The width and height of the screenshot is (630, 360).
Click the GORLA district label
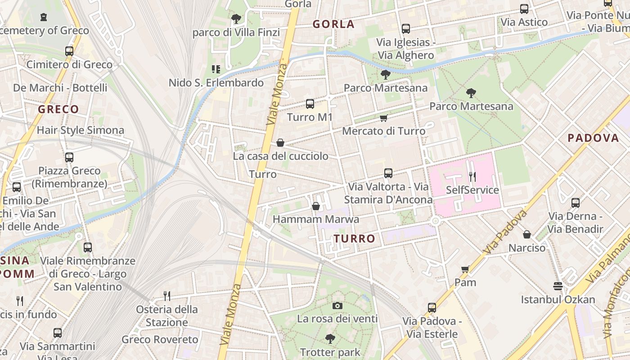click(x=333, y=24)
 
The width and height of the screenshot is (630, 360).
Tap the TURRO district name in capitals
click(x=355, y=238)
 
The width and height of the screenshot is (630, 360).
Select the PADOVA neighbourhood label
click(x=593, y=138)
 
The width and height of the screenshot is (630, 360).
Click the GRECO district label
click(x=58, y=109)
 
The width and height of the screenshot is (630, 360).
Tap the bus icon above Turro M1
click(x=310, y=104)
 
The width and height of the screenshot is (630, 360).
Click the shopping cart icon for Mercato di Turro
click(x=383, y=118)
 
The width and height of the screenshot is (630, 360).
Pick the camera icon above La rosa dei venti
click(x=337, y=306)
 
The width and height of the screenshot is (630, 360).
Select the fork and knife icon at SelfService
click(x=472, y=176)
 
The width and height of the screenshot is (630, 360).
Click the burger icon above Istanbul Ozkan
click(x=558, y=286)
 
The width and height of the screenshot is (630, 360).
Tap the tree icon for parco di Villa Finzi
click(x=236, y=19)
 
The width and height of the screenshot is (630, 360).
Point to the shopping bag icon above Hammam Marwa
click(x=316, y=206)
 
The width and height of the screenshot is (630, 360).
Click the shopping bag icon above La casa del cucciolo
click(x=280, y=143)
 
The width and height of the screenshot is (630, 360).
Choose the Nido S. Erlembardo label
click(x=216, y=83)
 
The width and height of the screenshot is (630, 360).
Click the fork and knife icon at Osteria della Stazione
click(x=167, y=296)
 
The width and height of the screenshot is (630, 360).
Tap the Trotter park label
click(x=330, y=352)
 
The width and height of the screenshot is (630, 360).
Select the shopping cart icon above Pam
click(x=465, y=269)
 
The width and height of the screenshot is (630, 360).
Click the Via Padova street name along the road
click(x=505, y=232)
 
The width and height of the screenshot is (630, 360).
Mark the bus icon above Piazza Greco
click(x=69, y=157)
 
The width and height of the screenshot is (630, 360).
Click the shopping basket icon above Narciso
click(x=527, y=234)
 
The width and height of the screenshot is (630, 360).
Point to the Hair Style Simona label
click(x=80, y=130)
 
